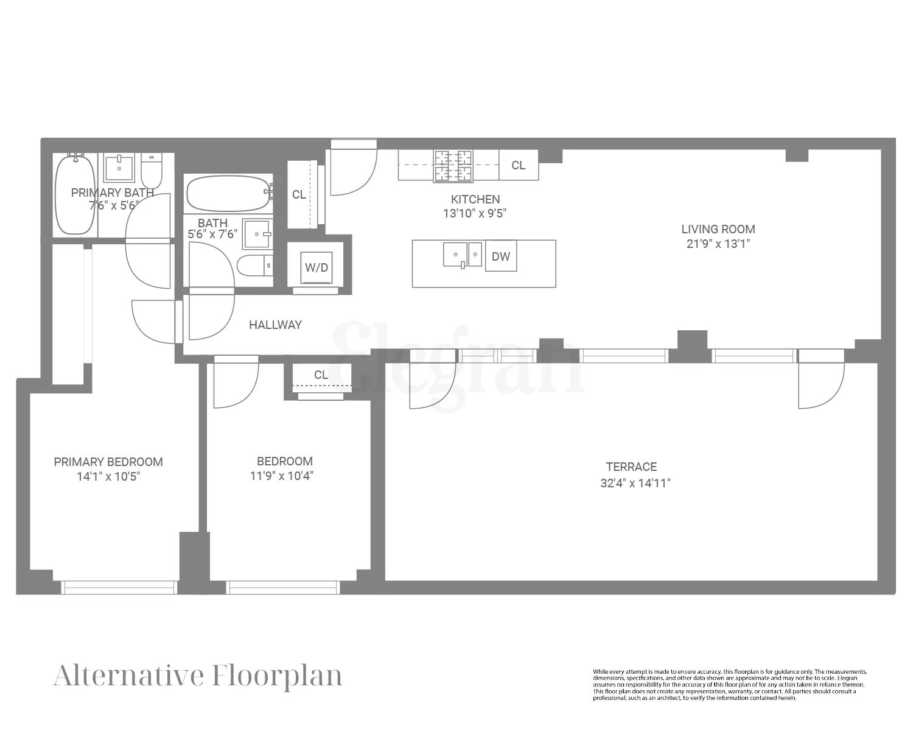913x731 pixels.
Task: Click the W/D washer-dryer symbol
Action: coord(317,267)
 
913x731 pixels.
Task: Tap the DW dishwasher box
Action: coord(501,256)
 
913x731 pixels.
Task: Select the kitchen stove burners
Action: coord(453,166)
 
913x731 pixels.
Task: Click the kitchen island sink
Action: coord(462,255)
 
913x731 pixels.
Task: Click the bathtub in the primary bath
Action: coord(75,194)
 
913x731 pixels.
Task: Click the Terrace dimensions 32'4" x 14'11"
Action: coord(635,484)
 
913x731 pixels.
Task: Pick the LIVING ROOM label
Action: coord(718,230)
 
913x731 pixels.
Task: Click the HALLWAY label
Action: coord(275,325)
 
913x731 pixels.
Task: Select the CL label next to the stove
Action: coord(519,165)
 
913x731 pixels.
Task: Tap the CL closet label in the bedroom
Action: coord(321,375)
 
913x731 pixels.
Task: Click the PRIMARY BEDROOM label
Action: coord(108,462)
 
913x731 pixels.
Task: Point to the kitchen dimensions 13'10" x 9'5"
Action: coord(475,214)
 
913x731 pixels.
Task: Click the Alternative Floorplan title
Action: coord(198,676)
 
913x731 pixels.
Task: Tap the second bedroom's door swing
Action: coord(235,384)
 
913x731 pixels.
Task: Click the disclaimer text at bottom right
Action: coord(729,685)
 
